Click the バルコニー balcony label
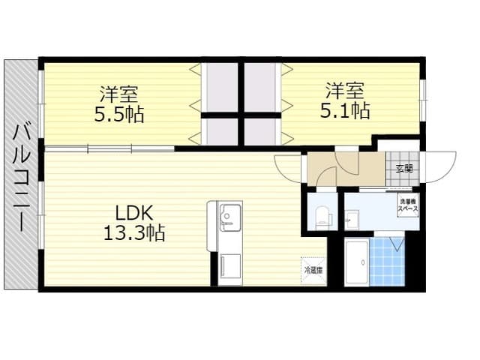[21, 177]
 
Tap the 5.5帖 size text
[120, 115]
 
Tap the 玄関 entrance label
[404, 168]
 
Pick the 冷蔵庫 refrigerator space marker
[313, 268]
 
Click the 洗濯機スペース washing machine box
[408, 205]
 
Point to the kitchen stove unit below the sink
[228, 267]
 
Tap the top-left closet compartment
[220, 86]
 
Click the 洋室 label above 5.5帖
[120, 95]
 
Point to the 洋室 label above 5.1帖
[345, 91]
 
